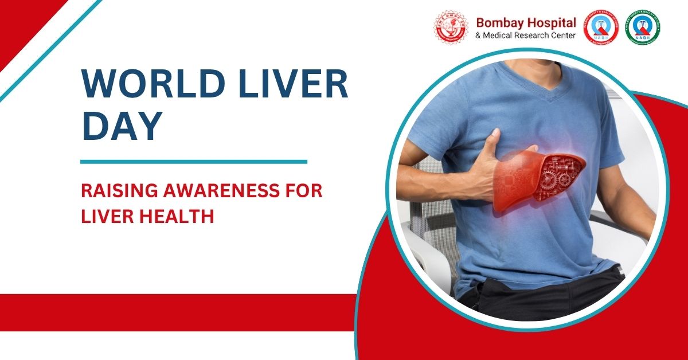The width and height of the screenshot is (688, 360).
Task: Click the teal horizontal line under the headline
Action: click(x=193, y=162)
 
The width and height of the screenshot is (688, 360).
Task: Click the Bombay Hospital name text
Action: click(x=526, y=22)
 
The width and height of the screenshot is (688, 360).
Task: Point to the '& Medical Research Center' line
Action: click(x=526, y=36)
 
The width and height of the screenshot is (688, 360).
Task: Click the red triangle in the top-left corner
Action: click(x=20, y=20)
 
